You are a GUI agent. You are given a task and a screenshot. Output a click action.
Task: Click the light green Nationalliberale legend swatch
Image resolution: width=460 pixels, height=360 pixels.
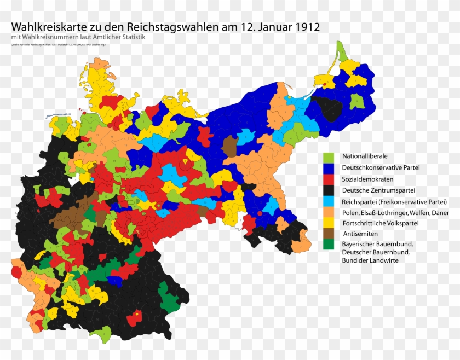[x=329, y=156]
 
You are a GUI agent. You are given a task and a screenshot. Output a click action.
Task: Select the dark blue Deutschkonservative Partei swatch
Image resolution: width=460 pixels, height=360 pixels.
[x=329, y=168]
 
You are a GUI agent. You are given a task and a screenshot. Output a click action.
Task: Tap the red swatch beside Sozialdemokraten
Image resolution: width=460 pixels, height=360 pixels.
[x=329, y=179]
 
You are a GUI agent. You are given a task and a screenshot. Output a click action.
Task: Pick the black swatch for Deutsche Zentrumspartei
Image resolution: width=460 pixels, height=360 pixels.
[x=329, y=190]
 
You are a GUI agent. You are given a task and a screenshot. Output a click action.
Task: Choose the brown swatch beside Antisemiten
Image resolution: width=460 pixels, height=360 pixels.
[x=329, y=234]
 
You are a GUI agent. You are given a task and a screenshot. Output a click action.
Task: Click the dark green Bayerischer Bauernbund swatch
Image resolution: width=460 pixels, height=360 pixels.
[x=329, y=244]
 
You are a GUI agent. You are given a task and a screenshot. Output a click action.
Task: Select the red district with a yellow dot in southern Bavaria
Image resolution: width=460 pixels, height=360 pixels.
[x=135, y=317]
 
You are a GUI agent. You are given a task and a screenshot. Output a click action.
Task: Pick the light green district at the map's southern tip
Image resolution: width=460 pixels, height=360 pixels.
[x=101, y=333]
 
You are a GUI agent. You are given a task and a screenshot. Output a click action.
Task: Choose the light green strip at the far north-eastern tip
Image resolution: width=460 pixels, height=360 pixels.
[x=342, y=51]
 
